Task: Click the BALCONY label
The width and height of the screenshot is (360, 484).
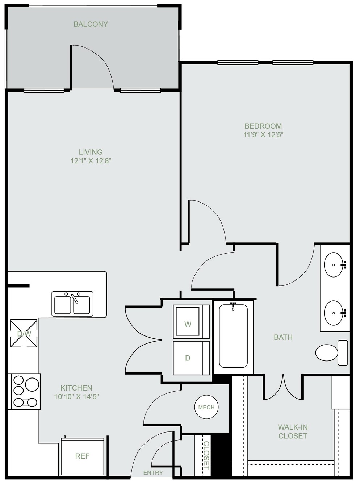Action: pos(91,24)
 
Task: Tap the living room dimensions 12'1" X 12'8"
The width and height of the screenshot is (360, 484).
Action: pos(91,161)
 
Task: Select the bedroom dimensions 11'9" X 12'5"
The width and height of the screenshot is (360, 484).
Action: pos(263,135)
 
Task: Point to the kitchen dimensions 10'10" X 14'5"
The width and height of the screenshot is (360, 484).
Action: pos(76,396)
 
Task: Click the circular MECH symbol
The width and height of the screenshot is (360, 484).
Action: pos(206,407)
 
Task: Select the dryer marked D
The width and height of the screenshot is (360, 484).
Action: pos(191,358)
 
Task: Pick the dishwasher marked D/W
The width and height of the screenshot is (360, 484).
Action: pos(24,333)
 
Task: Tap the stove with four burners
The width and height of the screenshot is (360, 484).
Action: pos(24,391)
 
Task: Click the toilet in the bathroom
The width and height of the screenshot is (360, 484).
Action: pos(332,352)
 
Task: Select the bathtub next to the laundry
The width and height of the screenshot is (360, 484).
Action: pos(233,337)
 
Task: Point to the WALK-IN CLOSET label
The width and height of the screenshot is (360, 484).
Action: pos(293,431)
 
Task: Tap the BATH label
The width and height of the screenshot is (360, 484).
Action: pos(283,337)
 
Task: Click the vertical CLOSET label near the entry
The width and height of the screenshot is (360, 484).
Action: pos(206,455)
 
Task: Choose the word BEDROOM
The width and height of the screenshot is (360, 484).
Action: pos(263,126)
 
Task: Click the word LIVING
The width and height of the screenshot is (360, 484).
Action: pos(91,152)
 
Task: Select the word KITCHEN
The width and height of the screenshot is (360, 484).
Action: pos(76,388)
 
